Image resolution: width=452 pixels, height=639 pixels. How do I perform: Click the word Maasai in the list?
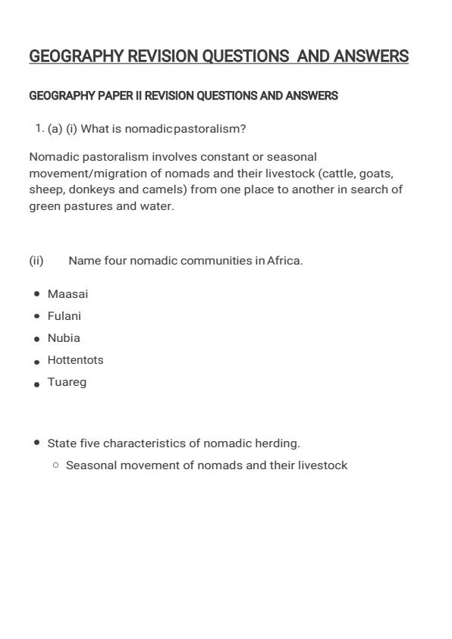(x=67, y=294)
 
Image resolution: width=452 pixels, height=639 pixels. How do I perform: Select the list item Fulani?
(x=64, y=316)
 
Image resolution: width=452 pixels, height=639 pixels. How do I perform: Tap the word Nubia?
(x=64, y=338)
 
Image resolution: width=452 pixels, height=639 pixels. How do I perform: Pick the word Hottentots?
(x=75, y=360)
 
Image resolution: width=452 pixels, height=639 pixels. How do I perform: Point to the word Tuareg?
(x=67, y=382)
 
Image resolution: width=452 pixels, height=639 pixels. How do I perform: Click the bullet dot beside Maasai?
(x=37, y=293)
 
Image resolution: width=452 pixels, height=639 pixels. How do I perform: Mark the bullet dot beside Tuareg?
(x=37, y=384)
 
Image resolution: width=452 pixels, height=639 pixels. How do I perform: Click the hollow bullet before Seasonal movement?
(x=55, y=465)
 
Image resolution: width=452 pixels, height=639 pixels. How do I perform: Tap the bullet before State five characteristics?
(x=37, y=442)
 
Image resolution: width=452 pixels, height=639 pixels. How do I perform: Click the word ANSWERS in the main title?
(x=371, y=57)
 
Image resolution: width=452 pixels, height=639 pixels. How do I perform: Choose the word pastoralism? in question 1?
(x=210, y=129)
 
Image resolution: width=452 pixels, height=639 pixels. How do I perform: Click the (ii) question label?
(x=36, y=261)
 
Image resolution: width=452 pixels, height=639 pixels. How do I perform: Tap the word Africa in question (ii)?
(x=284, y=261)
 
